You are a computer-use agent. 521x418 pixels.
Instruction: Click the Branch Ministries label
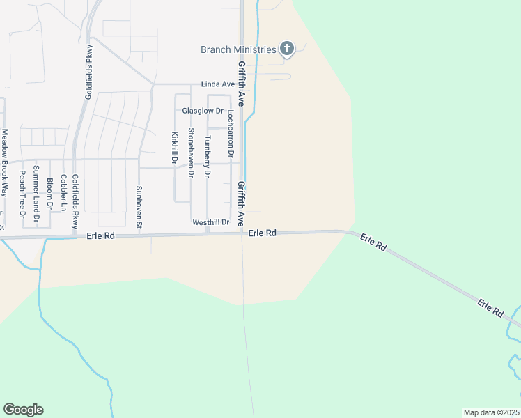pos(238,49)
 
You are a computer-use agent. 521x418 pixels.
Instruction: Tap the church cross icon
pos(286,49)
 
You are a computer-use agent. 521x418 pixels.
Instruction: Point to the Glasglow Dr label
pos(203,111)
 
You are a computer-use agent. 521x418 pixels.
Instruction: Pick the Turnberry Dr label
pos(207,157)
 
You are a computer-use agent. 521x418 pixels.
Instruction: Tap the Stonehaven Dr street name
pos(190,153)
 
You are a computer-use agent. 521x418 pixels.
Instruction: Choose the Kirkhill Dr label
pos(174,148)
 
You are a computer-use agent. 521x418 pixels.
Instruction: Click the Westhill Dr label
pos(211,222)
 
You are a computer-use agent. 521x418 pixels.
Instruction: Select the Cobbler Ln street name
pos(63,192)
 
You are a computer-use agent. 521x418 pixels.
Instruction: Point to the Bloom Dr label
pos(49,194)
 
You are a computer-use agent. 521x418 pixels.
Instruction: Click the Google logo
pos(23,410)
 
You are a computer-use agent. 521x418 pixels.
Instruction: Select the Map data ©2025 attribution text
pos(491,412)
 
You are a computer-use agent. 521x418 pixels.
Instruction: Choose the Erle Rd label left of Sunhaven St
pos(102,236)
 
